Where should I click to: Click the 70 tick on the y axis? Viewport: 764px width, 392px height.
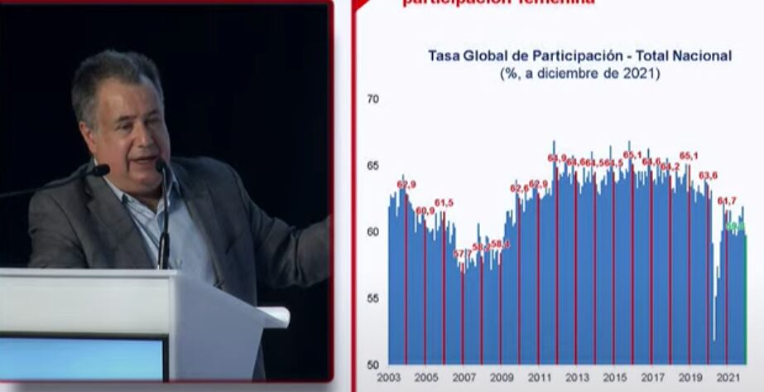click(x=372, y=99)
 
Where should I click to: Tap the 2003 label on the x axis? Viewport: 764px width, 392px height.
click(x=388, y=377)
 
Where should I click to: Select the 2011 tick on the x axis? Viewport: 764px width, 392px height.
click(x=540, y=377)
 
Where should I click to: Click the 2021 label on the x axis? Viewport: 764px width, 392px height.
click(x=728, y=377)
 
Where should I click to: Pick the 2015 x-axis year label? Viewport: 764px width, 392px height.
click(x=615, y=377)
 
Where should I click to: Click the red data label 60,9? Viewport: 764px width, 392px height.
click(x=425, y=211)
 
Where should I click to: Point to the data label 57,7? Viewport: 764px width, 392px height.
click(x=462, y=254)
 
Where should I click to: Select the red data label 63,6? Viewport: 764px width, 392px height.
click(x=708, y=176)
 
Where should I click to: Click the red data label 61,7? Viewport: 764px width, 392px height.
click(x=726, y=201)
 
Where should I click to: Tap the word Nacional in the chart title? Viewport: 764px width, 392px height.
click(x=702, y=56)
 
